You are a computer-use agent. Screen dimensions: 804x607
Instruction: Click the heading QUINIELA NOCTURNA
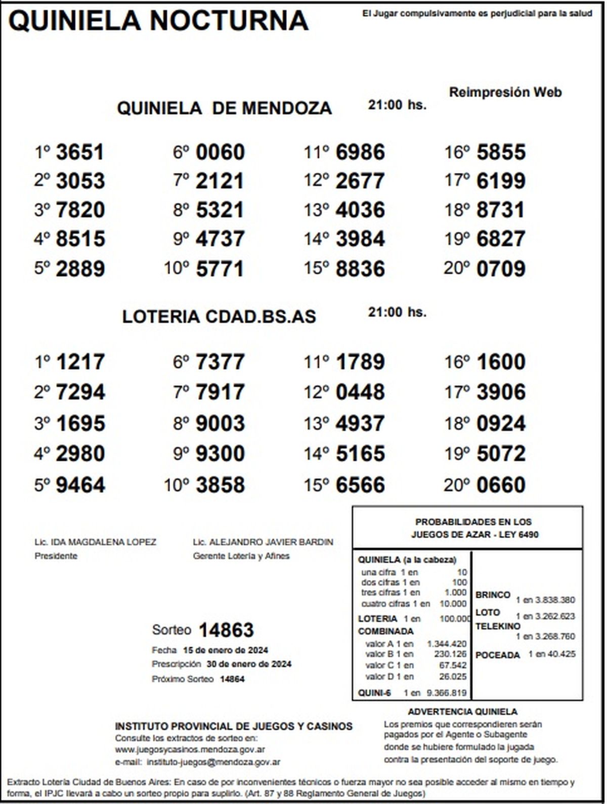(158, 21)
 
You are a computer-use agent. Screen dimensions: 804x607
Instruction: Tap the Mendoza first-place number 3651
(80, 152)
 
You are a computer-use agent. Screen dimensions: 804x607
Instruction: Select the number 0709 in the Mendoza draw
(501, 269)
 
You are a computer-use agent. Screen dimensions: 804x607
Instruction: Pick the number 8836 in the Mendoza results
(360, 269)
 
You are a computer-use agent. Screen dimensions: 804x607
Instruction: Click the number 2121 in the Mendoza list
(220, 181)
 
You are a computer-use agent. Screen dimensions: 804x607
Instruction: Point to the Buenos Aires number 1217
(80, 362)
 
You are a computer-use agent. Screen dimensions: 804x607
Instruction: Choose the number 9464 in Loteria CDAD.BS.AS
(80, 485)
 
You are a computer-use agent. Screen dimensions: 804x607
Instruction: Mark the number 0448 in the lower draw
(360, 392)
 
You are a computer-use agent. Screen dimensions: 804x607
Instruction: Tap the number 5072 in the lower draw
(501, 454)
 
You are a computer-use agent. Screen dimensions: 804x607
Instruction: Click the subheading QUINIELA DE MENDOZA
(224, 108)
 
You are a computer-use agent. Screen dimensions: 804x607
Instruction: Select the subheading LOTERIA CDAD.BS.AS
(219, 317)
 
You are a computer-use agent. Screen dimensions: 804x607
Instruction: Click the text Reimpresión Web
(505, 93)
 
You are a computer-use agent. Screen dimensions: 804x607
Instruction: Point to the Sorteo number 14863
(226, 630)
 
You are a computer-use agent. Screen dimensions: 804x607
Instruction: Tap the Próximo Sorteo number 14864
(232, 679)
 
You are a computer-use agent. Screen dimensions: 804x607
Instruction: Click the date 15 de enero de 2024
(226, 650)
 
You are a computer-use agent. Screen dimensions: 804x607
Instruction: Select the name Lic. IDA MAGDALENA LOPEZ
(96, 542)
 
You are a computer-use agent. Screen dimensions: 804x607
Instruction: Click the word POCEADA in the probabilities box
(498, 655)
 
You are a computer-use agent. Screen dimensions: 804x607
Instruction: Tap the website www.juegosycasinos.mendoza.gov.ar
(190, 750)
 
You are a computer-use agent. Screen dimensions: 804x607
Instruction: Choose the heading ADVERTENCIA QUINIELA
(462, 712)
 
